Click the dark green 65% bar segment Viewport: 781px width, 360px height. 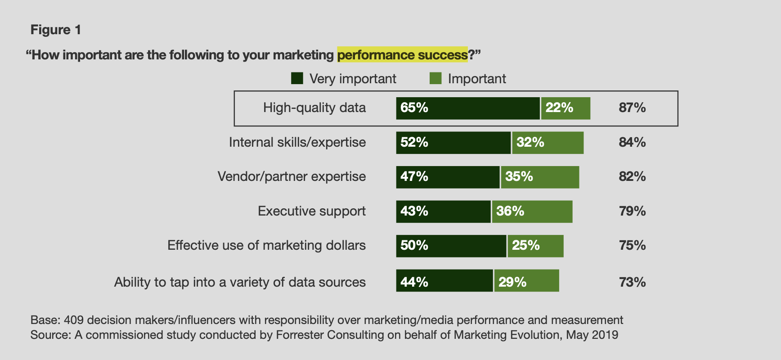467,108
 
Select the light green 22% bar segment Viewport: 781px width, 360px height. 566,108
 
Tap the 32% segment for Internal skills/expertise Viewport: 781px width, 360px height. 548,143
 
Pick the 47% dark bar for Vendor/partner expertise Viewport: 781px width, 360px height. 448,177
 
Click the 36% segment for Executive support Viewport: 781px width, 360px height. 532,211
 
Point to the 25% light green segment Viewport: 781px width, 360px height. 535,246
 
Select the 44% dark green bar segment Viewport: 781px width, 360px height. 444,280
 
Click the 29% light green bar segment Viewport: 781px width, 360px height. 526,280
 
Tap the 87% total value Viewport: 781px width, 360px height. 632,108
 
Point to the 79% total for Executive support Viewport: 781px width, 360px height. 632,211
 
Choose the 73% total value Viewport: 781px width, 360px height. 632,282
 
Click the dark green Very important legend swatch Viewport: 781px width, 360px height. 297,78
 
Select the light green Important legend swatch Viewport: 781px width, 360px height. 435,78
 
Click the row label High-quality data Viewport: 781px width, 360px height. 314,108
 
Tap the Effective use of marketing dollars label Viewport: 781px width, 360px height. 266,245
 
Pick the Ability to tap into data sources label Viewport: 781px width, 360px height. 240,282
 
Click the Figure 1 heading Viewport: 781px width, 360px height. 56,30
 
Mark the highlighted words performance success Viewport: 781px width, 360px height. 402,55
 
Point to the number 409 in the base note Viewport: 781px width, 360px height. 73,320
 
